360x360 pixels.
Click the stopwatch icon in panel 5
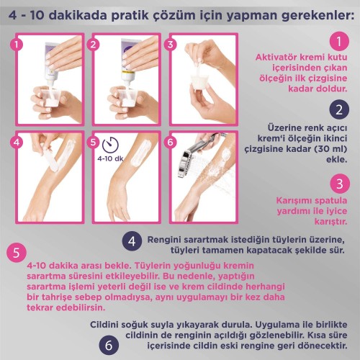click(110, 145)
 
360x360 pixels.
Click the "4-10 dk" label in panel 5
click(110, 158)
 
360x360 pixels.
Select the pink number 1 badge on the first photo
click(17, 44)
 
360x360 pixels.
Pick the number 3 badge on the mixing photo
click(170, 44)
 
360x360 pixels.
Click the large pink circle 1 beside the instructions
click(339, 41)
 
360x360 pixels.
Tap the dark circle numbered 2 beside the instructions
click(339, 109)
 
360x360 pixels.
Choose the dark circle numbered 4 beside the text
click(132, 241)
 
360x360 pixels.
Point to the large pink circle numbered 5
click(17, 253)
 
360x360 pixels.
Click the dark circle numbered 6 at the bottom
click(109, 346)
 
